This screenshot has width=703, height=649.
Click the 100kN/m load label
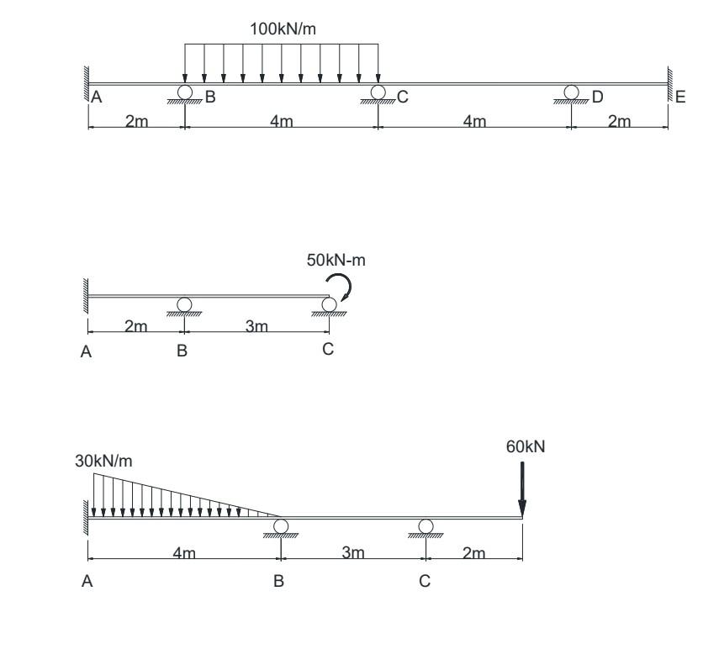pyautogui.click(x=282, y=29)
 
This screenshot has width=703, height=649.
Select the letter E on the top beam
pyautogui.click(x=680, y=98)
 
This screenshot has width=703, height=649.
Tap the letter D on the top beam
pyautogui.click(x=597, y=98)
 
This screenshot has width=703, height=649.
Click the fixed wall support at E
pyautogui.click(x=670, y=84)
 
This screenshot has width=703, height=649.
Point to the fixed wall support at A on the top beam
pyautogui.click(x=85, y=84)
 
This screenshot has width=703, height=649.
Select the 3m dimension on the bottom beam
pyautogui.click(x=353, y=552)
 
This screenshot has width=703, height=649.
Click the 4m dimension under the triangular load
pyautogui.click(x=183, y=552)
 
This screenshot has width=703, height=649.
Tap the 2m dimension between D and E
pyautogui.click(x=619, y=122)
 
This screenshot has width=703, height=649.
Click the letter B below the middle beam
pyautogui.click(x=182, y=352)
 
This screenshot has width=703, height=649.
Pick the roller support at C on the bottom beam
pyautogui.click(x=425, y=528)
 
